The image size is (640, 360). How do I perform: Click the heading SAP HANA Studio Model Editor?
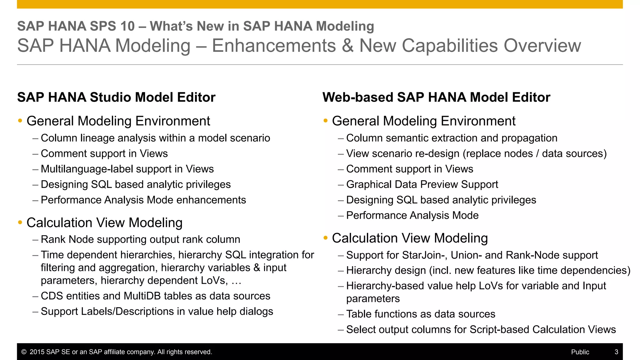click(116, 97)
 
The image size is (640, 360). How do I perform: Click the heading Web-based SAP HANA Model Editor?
click(436, 97)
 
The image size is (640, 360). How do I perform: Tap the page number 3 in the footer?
click(616, 352)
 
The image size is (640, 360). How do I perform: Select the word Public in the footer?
click(580, 352)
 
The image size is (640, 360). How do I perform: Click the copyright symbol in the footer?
click(24, 352)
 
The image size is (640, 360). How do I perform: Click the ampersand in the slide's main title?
click(347, 46)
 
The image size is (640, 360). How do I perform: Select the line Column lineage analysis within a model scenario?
click(155, 138)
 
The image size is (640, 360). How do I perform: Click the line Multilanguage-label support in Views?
click(127, 169)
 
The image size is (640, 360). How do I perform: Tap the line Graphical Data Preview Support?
click(422, 184)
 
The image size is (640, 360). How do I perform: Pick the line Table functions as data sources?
click(421, 314)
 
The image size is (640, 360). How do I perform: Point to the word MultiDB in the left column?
click(142, 296)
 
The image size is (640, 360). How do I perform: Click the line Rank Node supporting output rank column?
click(140, 239)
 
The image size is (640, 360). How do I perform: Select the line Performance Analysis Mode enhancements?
click(143, 200)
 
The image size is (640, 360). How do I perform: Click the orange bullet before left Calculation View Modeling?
click(20, 223)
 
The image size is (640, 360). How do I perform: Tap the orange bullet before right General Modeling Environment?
click(326, 121)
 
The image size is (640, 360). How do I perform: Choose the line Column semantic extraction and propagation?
click(452, 138)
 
